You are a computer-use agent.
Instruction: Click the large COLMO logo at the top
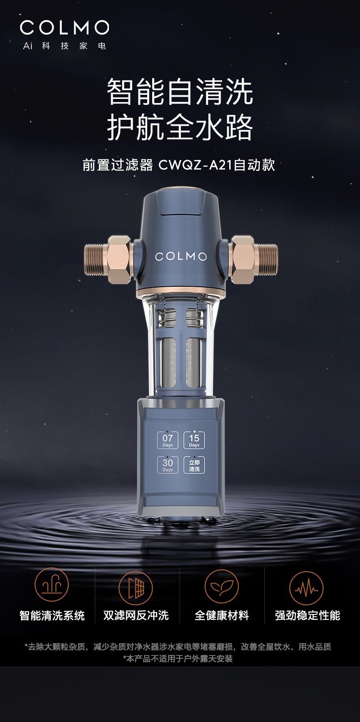tap(64, 28)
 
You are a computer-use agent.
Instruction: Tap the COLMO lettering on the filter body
tap(180, 257)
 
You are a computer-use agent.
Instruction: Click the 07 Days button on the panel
tap(168, 440)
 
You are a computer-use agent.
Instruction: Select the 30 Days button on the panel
tap(168, 465)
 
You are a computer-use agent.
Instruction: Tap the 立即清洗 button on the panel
tap(194, 465)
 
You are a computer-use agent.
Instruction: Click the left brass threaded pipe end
tap(96, 259)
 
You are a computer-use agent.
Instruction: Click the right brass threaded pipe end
tap(266, 259)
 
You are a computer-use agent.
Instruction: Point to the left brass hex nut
tap(119, 259)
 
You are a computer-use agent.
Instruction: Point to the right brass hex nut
tap(243, 259)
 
